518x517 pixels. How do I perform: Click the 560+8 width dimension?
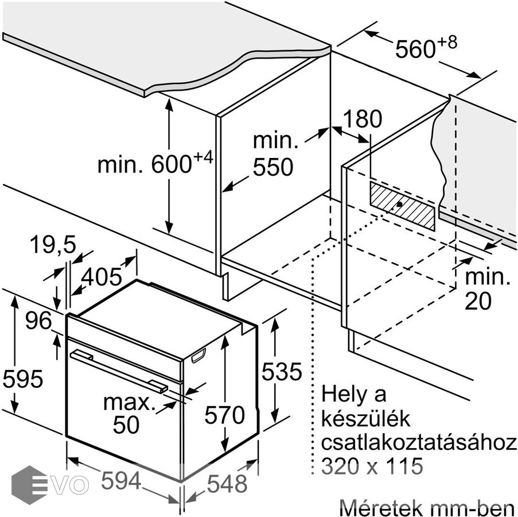coord(425,48)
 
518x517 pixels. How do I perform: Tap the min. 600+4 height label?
coord(154,164)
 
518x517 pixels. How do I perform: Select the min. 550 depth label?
coord(272,154)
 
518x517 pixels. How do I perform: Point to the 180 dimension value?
coord(362,119)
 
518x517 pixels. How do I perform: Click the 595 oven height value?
coord(22,379)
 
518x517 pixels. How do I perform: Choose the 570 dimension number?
coord(225,414)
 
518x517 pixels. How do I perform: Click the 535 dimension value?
coord(281,372)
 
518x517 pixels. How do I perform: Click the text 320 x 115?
coord(372,466)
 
